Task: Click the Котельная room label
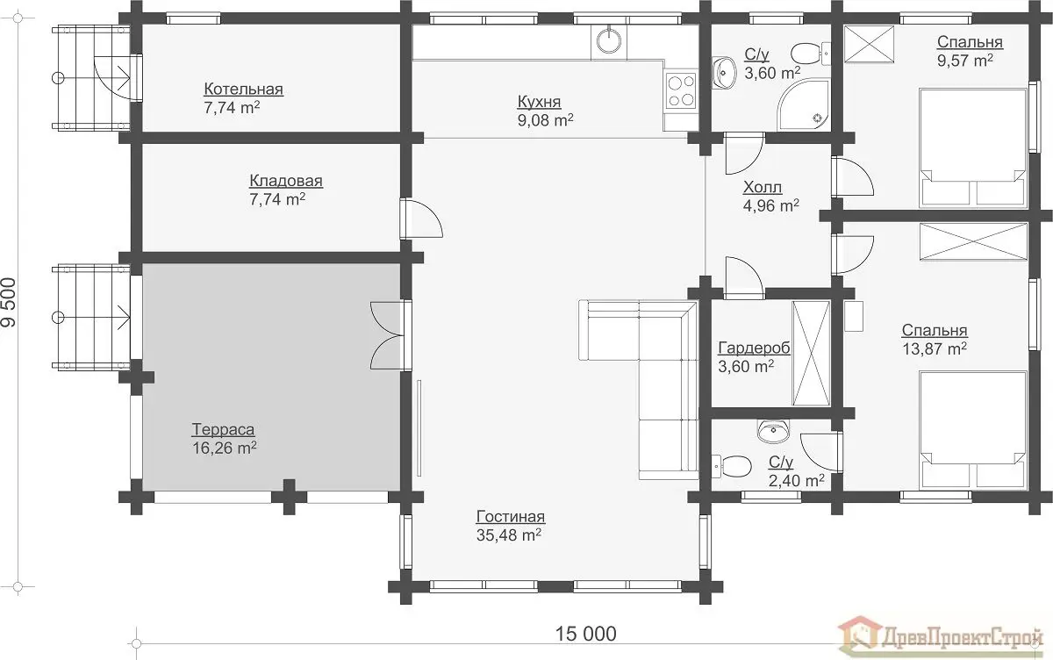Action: coord(244,89)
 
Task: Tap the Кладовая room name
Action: coord(286,181)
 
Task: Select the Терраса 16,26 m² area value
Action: coord(225,448)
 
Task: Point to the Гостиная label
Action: coord(511,516)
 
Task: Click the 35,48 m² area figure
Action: coord(509,535)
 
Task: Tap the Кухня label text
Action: coord(539,101)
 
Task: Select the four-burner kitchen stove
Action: coord(681,91)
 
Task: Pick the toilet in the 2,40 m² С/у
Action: coord(732,466)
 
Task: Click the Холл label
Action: coord(763,187)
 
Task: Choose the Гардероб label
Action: coord(754,348)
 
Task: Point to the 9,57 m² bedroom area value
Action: coord(965,61)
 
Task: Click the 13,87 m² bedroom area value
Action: coord(934,348)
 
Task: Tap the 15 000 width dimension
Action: coord(586,634)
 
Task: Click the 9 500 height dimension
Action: coord(9,302)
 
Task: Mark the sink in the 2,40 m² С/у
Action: coord(773,431)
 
